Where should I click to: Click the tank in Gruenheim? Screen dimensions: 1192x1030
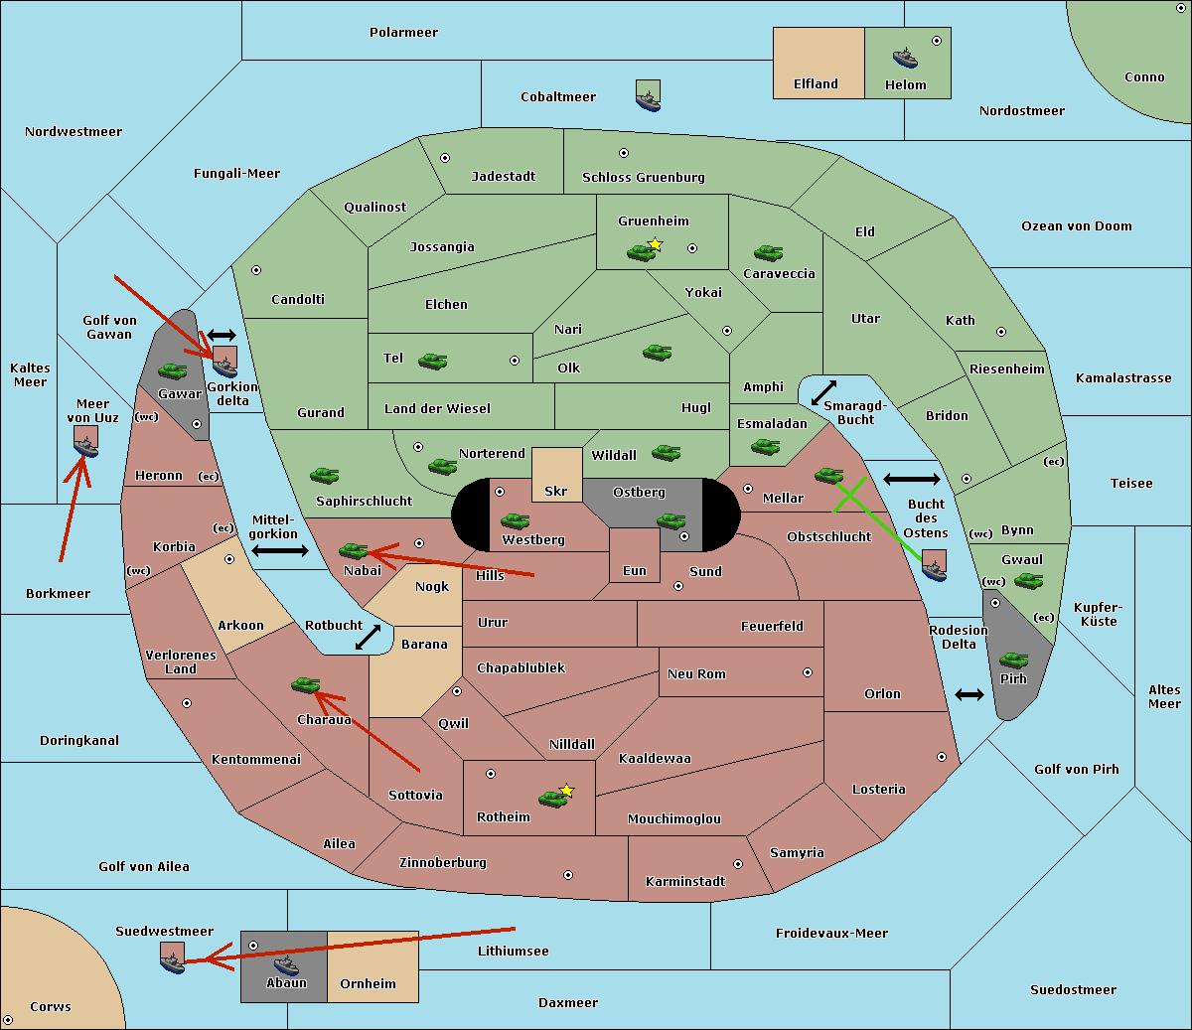click(x=641, y=252)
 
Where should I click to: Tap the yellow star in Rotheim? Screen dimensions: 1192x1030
click(x=566, y=790)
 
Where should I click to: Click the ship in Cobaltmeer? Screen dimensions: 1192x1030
click(x=648, y=99)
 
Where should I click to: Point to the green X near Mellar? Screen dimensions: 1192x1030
click(x=849, y=495)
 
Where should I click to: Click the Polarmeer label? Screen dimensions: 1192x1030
click(x=403, y=33)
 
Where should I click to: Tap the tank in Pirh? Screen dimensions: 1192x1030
click(x=1013, y=660)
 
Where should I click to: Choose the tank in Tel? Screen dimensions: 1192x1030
click(x=432, y=362)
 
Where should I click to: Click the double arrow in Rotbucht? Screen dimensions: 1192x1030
click(x=368, y=637)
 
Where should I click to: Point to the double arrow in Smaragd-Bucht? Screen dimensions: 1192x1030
click(x=823, y=392)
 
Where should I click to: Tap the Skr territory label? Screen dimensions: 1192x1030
click(x=556, y=491)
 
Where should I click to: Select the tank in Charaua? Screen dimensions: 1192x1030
click(x=305, y=685)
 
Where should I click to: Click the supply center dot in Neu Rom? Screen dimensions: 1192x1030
click(x=808, y=672)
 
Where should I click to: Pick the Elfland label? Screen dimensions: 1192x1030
click(x=816, y=84)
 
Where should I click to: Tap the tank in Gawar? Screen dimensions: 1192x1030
click(x=172, y=371)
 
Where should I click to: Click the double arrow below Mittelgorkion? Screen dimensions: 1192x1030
click(x=280, y=551)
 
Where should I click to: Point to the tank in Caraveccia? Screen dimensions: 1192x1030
click(x=768, y=252)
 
